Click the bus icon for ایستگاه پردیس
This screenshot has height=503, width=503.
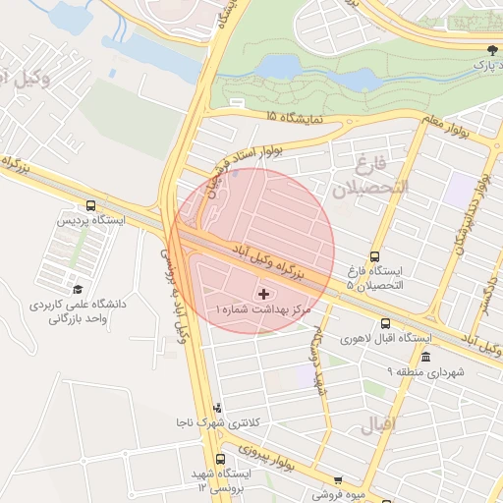tap(91, 206)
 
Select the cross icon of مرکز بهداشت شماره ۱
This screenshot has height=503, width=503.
tap(262, 293)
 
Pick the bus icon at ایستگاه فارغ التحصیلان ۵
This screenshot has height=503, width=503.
tap(373, 255)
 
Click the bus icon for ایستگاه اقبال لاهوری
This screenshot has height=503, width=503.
tap(384, 322)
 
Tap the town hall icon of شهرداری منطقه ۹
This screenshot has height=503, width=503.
tap(425, 356)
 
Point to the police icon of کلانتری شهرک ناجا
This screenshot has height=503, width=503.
tap(217, 407)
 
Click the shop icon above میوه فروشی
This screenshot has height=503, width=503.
tap(338, 480)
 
